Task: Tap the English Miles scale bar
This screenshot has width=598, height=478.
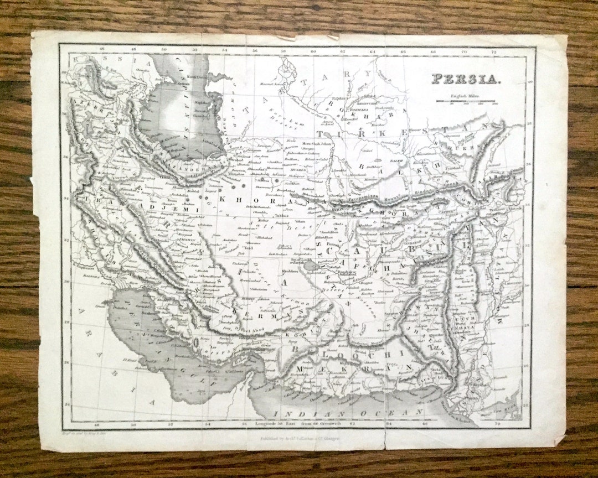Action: [467, 101]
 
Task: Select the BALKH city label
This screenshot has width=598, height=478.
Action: [396, 157]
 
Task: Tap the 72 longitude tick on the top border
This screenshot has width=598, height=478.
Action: [493, 51]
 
